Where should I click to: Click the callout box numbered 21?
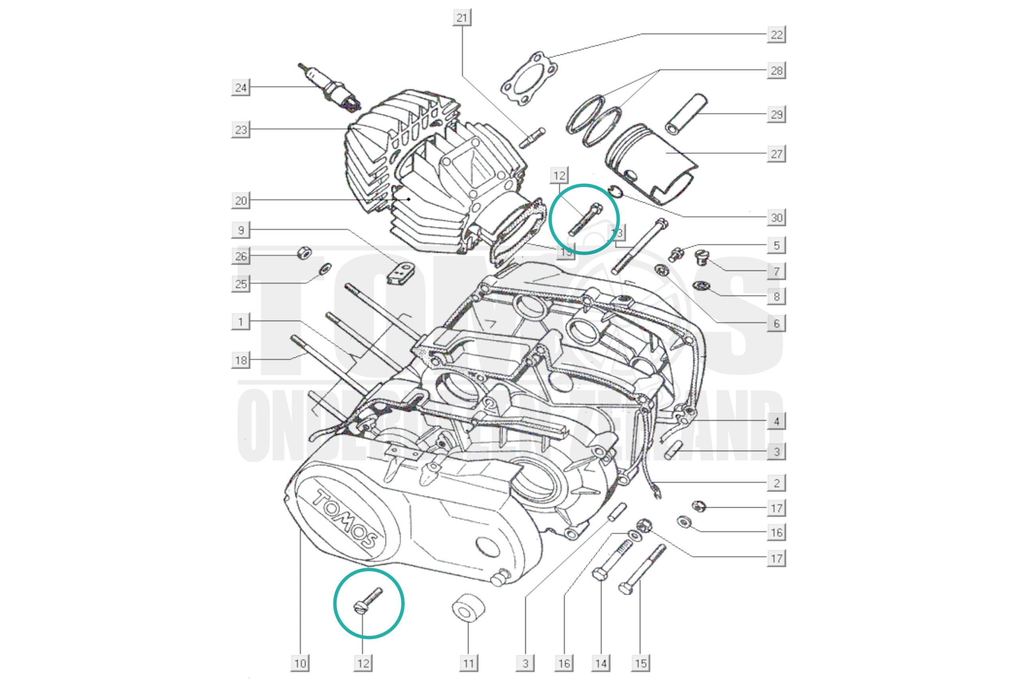pyautogui.click(x=462, y=18)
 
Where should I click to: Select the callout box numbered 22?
pyautogui.click(x=776, y=35)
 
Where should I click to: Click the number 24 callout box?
pyautogui.click(x=240, y=88)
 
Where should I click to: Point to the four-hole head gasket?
pyautogui.click(x=529, y=79)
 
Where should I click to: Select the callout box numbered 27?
pyautogui.click(x=776, y=154)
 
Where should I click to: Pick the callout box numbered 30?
pyautogui.click(x=776, y=217)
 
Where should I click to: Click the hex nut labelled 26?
pyautogui.click(x=304, y=253)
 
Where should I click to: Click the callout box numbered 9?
pyautogui.click(x=240, y=230)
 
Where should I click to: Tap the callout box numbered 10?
pyautogui.click(x=300, y=663)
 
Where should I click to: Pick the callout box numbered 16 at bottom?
pyautogui.click(x=564, y=663)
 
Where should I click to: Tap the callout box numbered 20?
pyautogui.click(x=240, y=201)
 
